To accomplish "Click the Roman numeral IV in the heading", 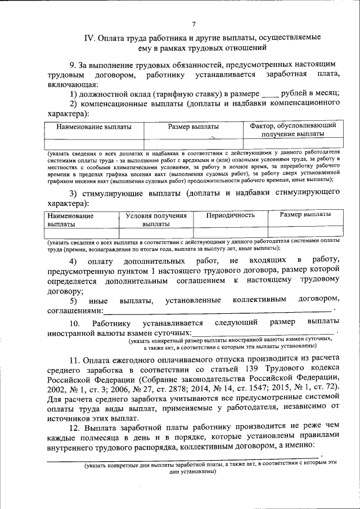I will pyautogui.click(x=89, y=38).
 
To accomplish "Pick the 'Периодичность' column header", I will pyautogui.click(x=230, y=215).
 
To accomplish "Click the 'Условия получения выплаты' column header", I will pyautogui.click(x=156, y=219).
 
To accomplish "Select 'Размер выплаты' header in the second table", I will pyautogui.click(x=305, y=215).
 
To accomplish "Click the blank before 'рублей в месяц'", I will pyautogui.click(x=270, y=93).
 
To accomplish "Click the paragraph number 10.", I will pyautogui.click(x=74, y=323).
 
